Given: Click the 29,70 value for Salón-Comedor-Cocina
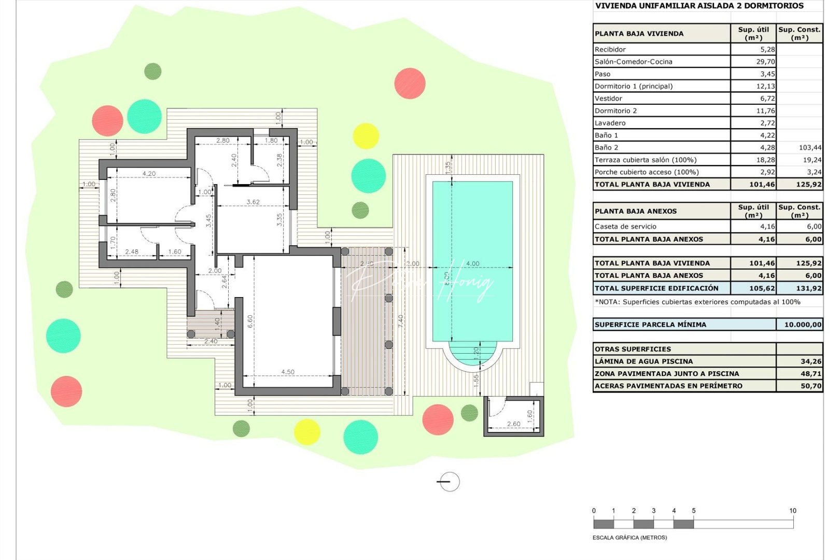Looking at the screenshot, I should coord(765,62).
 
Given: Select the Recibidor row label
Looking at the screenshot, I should coord(610,50).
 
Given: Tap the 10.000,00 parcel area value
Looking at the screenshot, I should coord(803,325).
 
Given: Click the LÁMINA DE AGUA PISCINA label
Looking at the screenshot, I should coord(643,361).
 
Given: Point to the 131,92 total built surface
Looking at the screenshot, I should coord(809,288).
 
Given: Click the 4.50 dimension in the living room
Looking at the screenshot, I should coord(288,372).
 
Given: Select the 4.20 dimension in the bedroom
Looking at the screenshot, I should coord(149,174).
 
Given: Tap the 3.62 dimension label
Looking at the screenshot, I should coord(253,202).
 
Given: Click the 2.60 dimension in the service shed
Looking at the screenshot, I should coord(513,424).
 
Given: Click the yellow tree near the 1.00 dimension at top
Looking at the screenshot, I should coord(366,136).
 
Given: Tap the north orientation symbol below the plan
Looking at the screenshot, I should coord(449,482).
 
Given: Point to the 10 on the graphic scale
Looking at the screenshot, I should coord(792,511).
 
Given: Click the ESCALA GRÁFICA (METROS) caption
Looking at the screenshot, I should coord(629,538).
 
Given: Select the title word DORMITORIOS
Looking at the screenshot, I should coord(774,6).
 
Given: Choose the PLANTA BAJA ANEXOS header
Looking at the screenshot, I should coord(636,212).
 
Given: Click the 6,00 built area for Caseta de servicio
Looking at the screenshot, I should coord(814,227).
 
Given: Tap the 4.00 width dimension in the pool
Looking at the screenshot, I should coord(473,263).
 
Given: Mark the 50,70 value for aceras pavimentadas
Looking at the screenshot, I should coord(811,386).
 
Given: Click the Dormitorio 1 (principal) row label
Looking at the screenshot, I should coord(633,87).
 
